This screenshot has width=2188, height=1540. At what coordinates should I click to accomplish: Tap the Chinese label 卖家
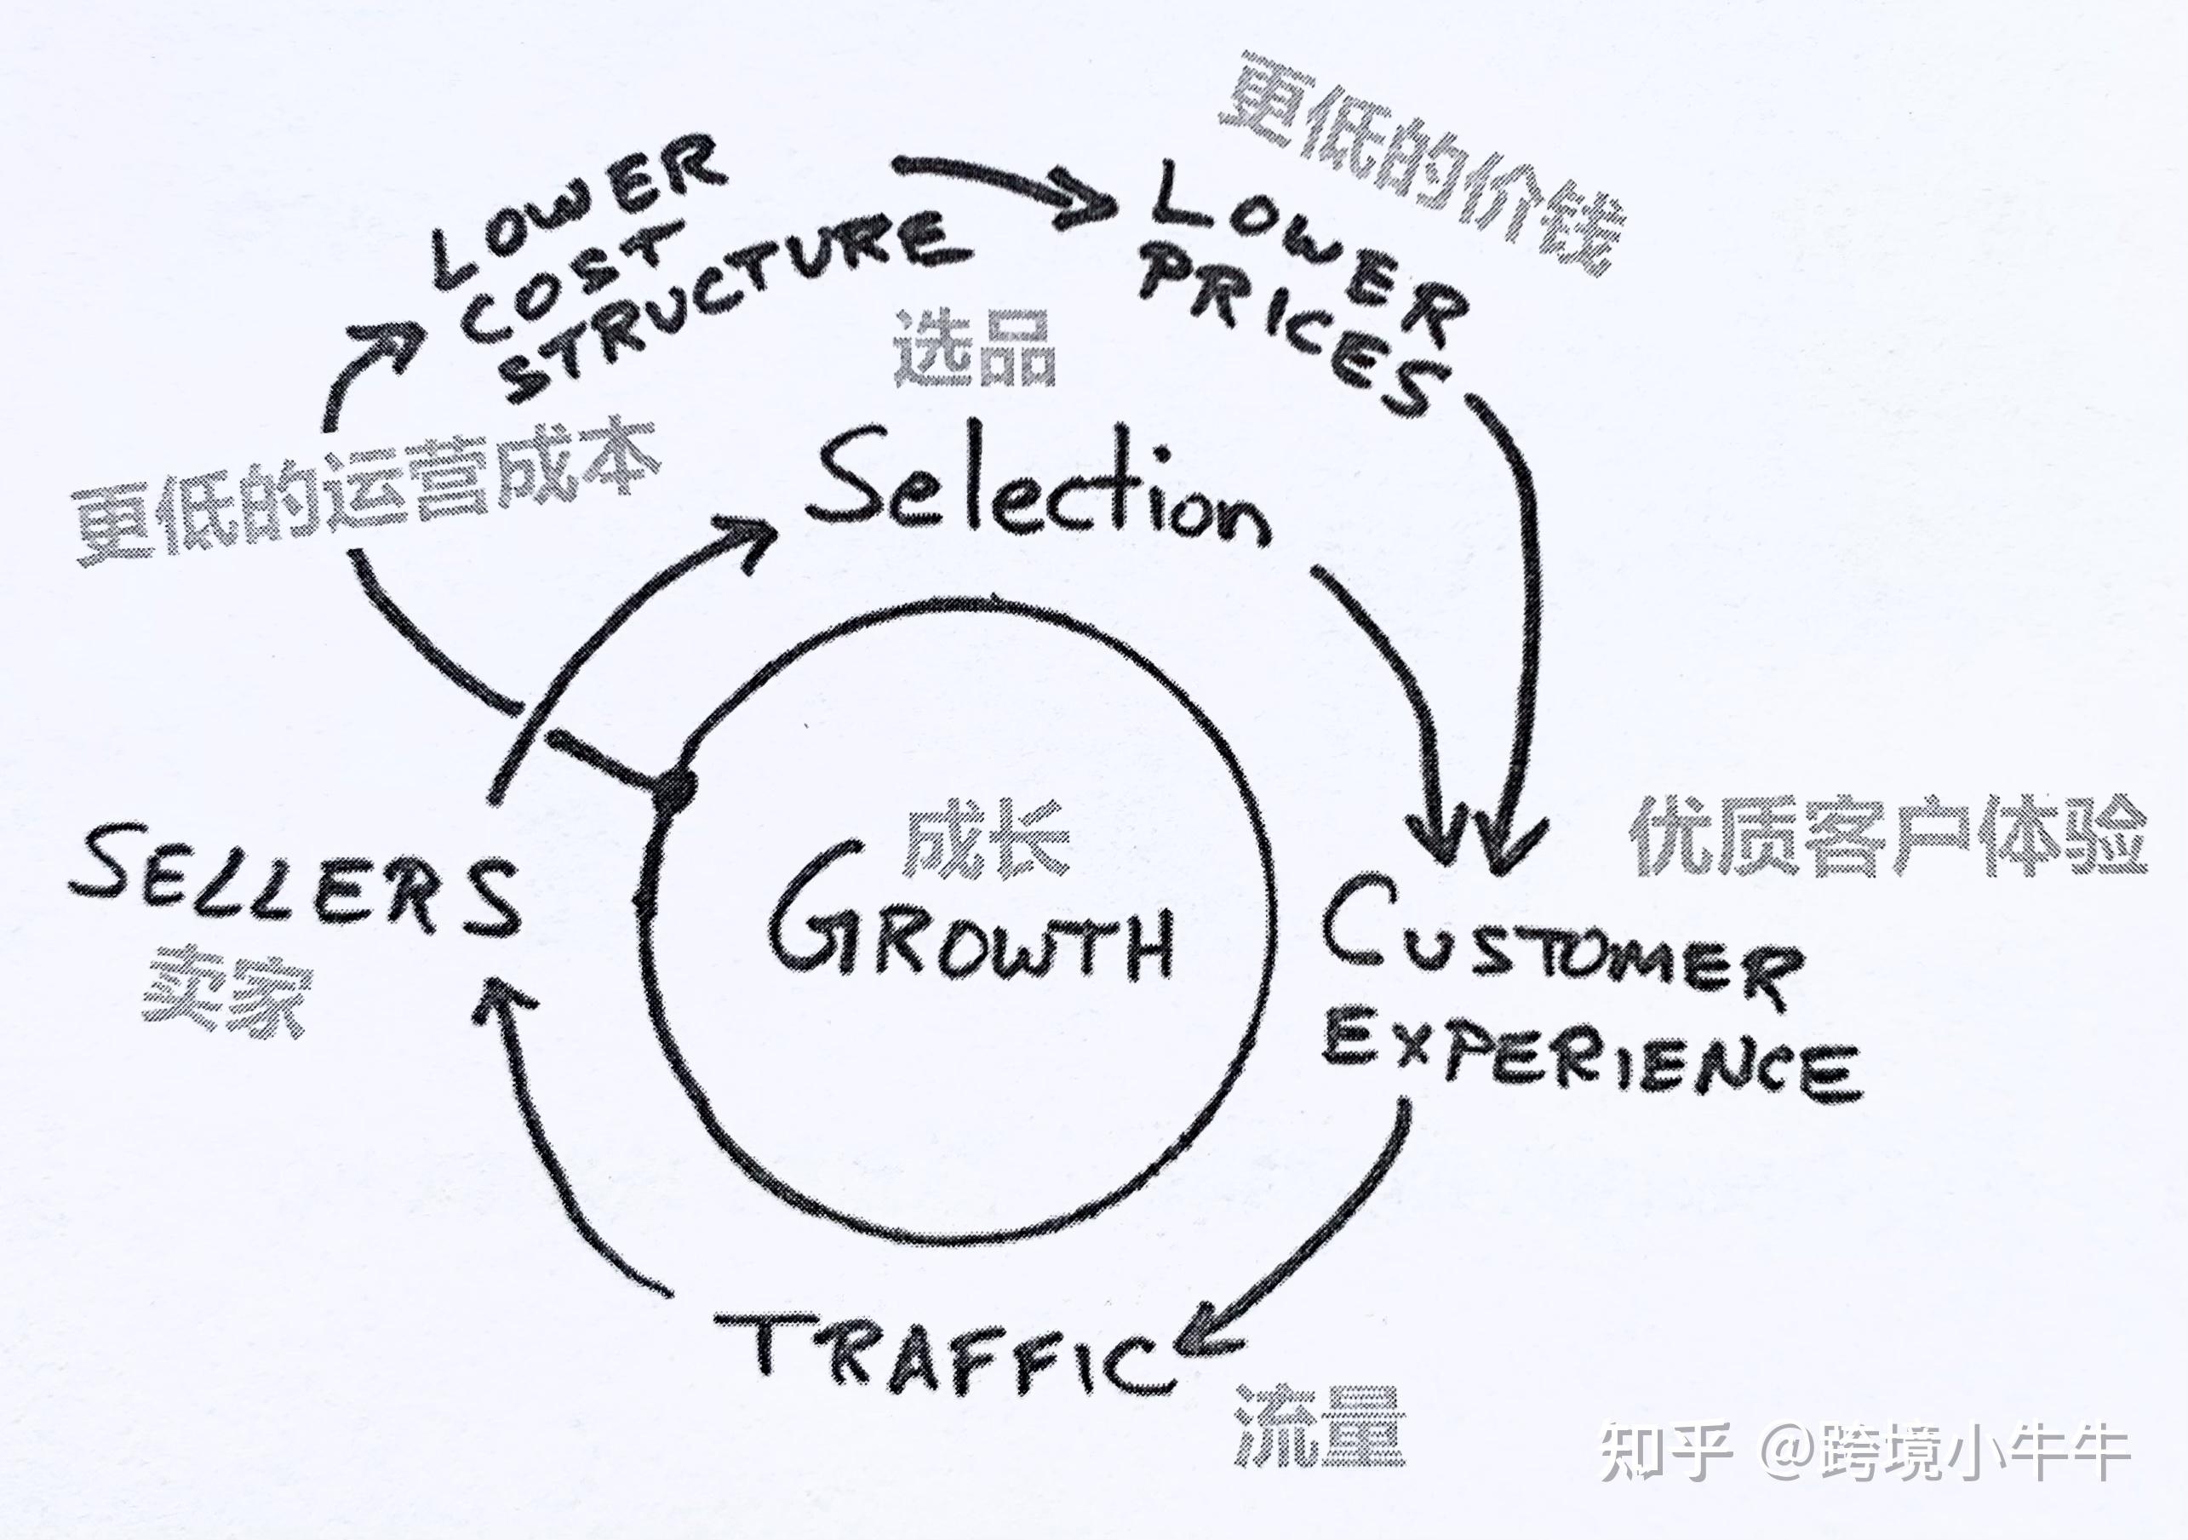(x=229, y=991)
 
